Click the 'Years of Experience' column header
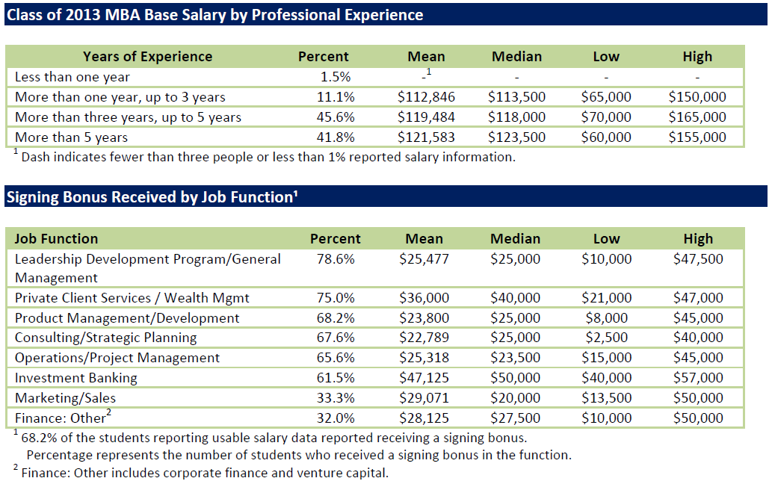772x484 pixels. tap(147, 57)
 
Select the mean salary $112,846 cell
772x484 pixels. tap(426, 97)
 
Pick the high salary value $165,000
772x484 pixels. tap(697, 117)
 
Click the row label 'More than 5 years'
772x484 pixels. tap(71, 137)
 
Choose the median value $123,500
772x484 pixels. tap(516, 137)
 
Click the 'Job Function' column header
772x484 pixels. tap(56, 239)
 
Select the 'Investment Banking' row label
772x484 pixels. tap(75, 378)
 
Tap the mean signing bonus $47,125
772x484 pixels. tap(424, 378)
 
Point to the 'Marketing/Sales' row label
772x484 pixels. tap(65, 398)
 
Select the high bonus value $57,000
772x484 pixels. tap(697, 378)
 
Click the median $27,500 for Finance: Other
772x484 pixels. tap(515, 418)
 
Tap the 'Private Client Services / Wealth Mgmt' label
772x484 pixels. tap(132, 298)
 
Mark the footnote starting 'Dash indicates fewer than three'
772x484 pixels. tap(268, 157)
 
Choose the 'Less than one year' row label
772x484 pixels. tap(72, 77)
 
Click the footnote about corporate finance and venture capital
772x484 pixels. tap(204, 473)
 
